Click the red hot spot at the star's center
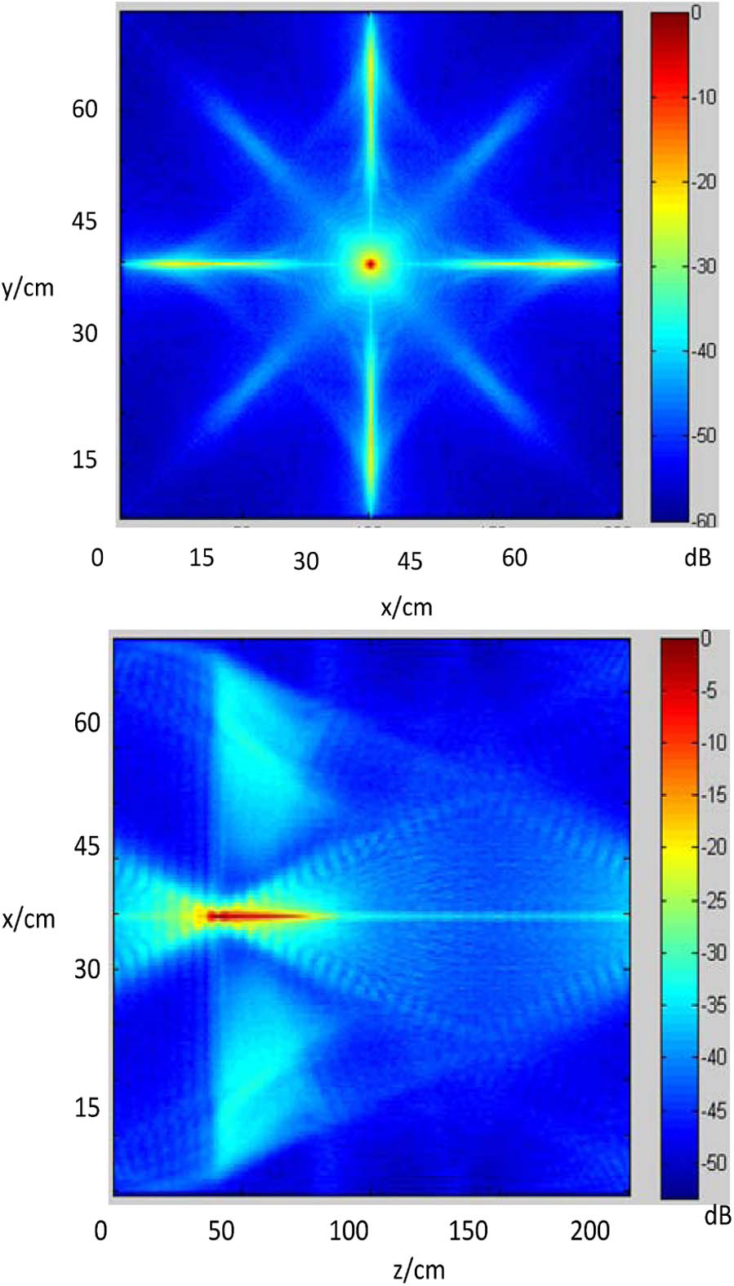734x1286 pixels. (x=371, y=264)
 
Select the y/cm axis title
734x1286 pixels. (x=28, y=287)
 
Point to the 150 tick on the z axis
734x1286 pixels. (x=468, y=1230)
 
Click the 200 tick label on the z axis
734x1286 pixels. (x=589, y=1230)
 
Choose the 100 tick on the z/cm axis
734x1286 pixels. (x=349, y=1230)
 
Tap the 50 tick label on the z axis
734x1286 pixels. (x=221, y=1230)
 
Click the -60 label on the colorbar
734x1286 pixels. (x=704, y=519)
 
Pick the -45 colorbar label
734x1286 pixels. (x=714, y=1110)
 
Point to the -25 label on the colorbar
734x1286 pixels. (x=714, y=901)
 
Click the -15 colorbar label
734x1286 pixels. (x=714, y=795)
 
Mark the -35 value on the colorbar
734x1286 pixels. (x=714, y=1005)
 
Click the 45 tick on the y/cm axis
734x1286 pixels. (x=84, y=221)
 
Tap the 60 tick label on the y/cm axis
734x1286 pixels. (x=84, y=109)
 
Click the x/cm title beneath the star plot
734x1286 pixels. (x=407, y=607)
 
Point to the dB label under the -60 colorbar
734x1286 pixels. (x=697, y=558)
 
